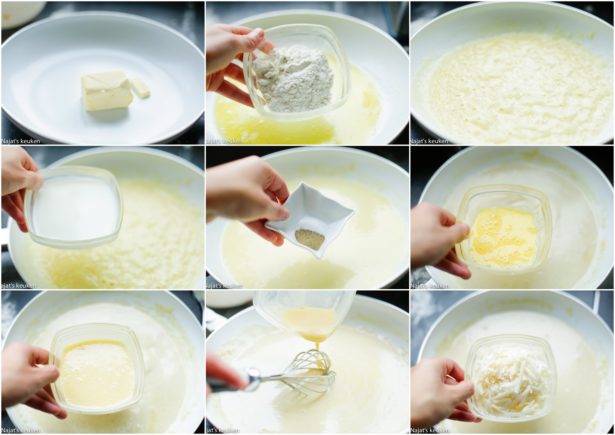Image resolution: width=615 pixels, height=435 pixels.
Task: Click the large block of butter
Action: (107, 91)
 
